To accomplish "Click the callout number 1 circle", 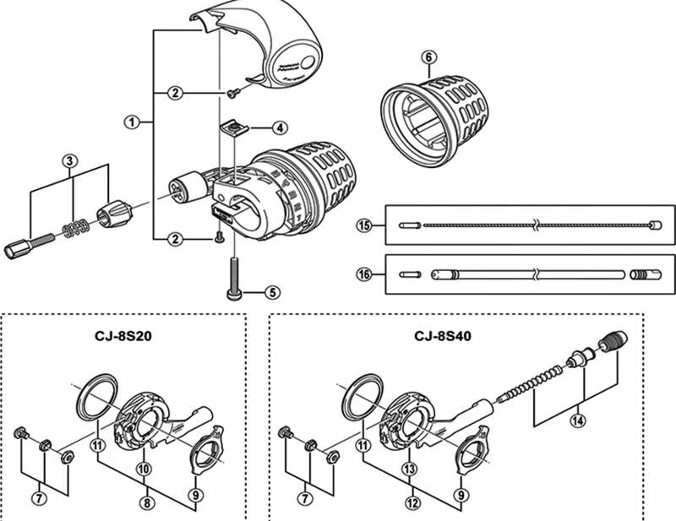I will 132,122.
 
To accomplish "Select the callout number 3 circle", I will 71,160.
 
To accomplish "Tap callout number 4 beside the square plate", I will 280,128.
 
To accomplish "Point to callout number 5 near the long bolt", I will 271,293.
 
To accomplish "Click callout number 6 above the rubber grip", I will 428,57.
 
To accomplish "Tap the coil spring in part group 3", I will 75,229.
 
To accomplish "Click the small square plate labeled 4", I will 231,128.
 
